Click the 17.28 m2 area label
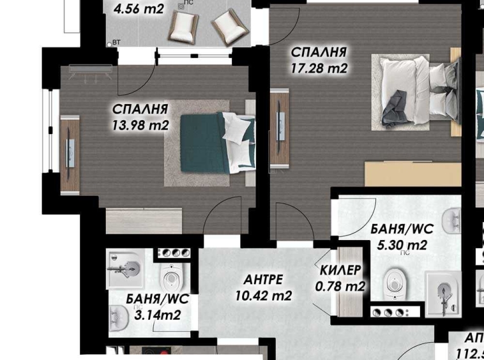(x=319, y=67)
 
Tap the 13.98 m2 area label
(x=141, y=125)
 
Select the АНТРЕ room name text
(x=263, y=280)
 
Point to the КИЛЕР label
(x=340, y=270)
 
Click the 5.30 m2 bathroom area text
(x=399, y=244)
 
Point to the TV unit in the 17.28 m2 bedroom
(x=279, y=130)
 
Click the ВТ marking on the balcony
(x=116, y=42)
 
